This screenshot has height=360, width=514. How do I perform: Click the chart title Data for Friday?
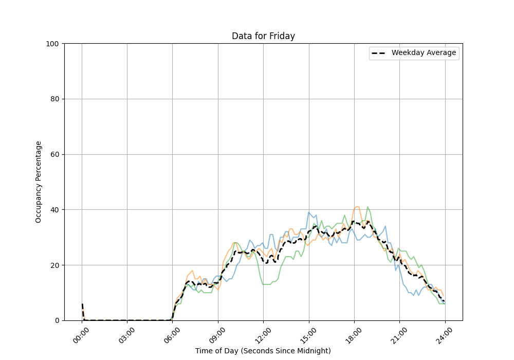coord(263,36)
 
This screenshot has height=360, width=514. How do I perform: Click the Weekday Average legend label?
coord(424,53)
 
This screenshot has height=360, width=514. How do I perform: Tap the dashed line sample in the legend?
coord(379,53)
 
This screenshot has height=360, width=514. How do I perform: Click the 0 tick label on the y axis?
coord(57,320)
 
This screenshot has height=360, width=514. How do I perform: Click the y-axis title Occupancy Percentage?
coord(39,182)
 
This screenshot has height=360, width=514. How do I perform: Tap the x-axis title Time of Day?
coord(263,351)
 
